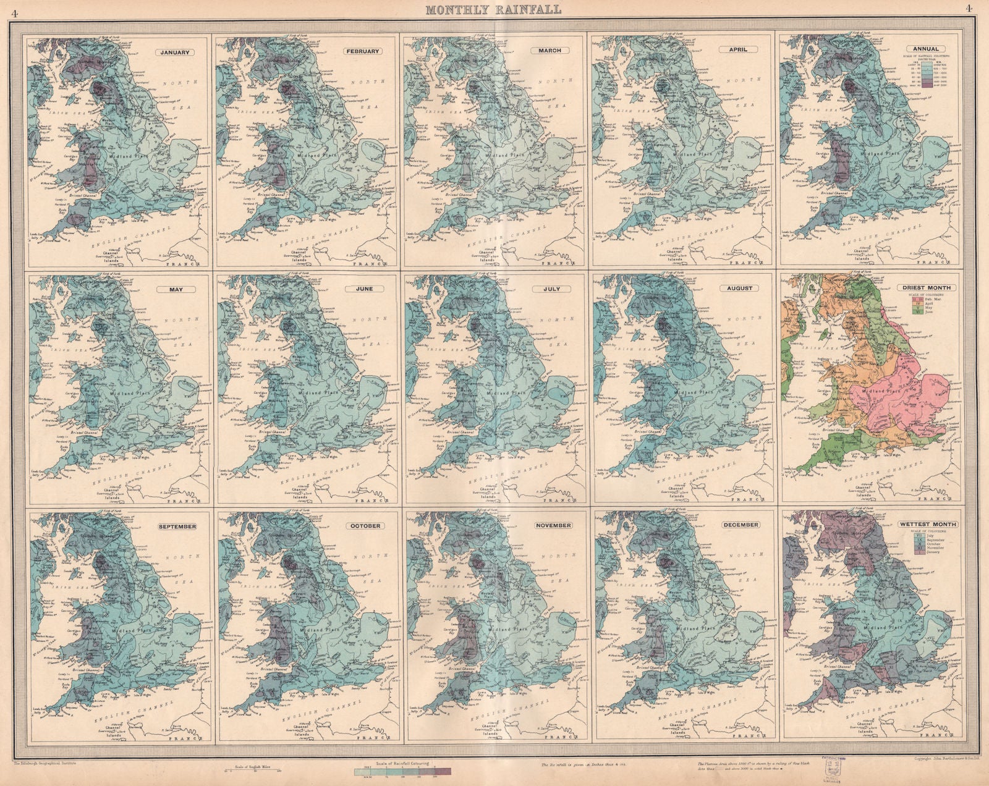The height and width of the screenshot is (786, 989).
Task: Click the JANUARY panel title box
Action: coord(175,52)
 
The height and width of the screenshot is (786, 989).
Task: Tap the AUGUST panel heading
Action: coord(740,288)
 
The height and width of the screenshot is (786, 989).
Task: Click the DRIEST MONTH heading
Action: coord(926,287)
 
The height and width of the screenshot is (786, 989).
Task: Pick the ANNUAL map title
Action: coord(925,49)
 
